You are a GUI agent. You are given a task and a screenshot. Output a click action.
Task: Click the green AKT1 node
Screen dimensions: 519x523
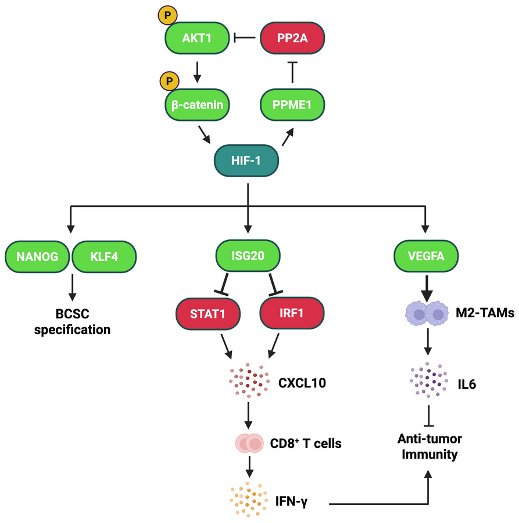point(197,38)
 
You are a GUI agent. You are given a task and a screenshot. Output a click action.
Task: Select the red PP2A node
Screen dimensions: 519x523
point(292,38)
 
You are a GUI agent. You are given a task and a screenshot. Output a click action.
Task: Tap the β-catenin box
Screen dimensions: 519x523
point(197,105)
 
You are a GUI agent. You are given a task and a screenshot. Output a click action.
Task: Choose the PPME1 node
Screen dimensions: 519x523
point(292,105)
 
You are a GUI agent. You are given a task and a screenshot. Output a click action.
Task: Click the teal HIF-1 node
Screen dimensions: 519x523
point(246,160)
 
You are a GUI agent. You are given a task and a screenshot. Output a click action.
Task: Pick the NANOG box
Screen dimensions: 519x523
point(37,256)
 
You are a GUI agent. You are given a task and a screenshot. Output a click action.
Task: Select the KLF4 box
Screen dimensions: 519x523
point(104,256)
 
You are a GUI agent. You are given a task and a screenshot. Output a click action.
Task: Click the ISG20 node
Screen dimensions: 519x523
point(248,256)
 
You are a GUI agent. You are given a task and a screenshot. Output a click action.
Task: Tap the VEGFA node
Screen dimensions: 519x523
point(426,256)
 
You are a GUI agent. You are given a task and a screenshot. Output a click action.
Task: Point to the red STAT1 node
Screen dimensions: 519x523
point(208,314)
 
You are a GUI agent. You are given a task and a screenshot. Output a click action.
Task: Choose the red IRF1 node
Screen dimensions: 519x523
point(292,313)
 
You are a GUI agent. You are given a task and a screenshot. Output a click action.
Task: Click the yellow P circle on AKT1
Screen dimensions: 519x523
point(168,15)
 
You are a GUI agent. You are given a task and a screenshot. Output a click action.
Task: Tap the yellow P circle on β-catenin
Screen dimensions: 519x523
point(170,81)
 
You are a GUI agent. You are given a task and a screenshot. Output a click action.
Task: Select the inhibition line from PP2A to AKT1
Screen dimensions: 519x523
point(245,38)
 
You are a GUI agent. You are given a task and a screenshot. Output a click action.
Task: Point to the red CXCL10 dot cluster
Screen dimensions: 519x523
point(249,381)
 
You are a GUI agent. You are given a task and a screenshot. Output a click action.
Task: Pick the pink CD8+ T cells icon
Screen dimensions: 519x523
point(249,443)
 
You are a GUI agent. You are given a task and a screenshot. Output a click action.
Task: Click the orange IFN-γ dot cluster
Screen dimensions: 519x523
point(249,499)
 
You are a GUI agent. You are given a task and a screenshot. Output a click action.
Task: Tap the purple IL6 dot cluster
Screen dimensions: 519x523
point(428,380)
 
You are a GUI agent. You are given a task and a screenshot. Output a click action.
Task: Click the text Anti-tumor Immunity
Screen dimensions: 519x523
point(429,447)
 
